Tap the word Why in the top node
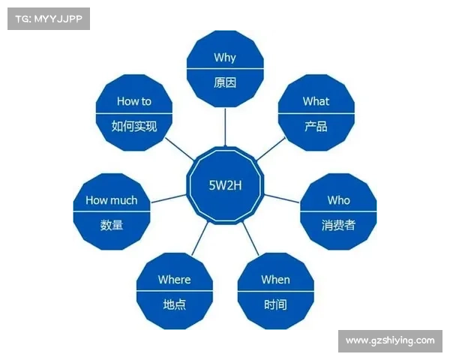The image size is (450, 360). tap(225, 58)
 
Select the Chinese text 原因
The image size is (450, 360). tap(225, 82)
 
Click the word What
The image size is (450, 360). tap(316, 101)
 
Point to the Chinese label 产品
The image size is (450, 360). tap(316, 126)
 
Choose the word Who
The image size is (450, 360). tap(338, 200)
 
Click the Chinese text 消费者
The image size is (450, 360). tap(338, 225)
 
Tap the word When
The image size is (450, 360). tap(275, 280)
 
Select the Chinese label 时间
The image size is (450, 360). tap(275, 304)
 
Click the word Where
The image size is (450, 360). tap(174, 280)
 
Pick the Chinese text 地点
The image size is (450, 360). tap(174, 304)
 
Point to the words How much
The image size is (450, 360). tap(112, 200)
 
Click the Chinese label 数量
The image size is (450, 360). tap(112, 225)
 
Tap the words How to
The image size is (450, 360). tap(134, 101)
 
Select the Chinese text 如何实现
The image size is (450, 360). tap(134, 126)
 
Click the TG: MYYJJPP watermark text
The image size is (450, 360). tap(47, 18)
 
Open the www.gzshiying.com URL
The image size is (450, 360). tap(390, 340)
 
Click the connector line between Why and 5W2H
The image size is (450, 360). tap(225, 126)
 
